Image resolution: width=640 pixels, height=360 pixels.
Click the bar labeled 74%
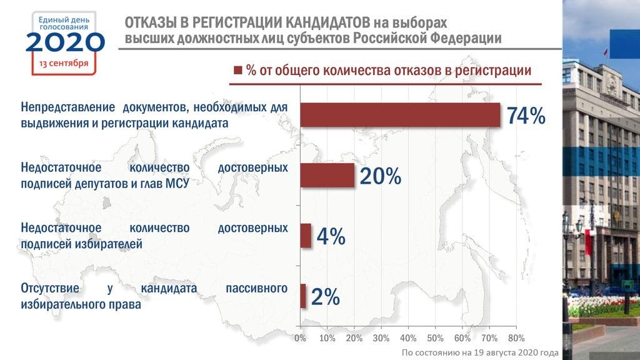[400, 115]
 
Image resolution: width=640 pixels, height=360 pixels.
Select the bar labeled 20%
[327, 176]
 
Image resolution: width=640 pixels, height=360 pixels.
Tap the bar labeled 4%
[306, 236]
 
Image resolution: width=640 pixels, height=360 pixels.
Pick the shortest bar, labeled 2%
[303, 296]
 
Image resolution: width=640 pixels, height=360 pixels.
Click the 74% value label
[526, 116]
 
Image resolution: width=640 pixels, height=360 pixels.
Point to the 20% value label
[380, 177]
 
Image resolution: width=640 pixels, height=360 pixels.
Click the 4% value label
[331, 236]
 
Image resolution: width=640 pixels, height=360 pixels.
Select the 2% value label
[325, 297]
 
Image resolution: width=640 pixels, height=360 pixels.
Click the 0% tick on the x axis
[300, 338]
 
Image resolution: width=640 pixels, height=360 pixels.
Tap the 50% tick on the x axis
[435, 338]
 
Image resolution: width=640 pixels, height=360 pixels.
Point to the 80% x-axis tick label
[516, 338]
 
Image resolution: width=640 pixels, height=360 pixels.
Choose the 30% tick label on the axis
[381, 338]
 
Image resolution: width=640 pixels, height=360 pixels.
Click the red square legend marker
[237, 71]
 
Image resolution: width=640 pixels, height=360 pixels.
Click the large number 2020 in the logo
[65, 43]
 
